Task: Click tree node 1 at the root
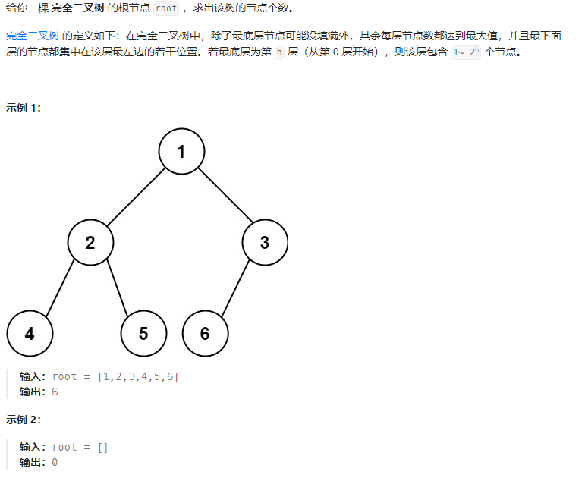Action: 181,152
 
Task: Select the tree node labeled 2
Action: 90,243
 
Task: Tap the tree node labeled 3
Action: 265,243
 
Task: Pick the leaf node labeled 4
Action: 30,334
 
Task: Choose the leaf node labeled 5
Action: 143,334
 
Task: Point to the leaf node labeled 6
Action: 205,334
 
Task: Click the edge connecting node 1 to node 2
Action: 136,197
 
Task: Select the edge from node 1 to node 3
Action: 223,197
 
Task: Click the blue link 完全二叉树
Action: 31,36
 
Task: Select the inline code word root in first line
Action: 165,8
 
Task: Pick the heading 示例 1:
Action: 24,108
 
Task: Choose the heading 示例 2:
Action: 24,420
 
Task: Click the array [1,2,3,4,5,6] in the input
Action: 138,376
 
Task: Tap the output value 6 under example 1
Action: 55,392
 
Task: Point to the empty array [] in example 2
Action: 103,447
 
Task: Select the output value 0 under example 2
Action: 55,462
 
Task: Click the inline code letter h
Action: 278,53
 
